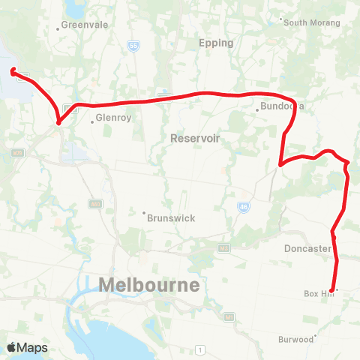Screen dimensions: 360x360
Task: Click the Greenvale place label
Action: [85, 25]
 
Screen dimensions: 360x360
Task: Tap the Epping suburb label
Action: [217, 43]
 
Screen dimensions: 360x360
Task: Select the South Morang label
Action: [312, 22]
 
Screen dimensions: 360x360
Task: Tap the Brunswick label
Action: [169, 217]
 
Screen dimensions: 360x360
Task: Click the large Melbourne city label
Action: [149, 285]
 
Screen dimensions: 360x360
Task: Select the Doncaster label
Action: [307, 248]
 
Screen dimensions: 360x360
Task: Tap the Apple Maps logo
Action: [27, 347]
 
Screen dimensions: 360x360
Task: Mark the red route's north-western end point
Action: [13, 71]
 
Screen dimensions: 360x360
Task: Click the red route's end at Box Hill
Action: [331, 290]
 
